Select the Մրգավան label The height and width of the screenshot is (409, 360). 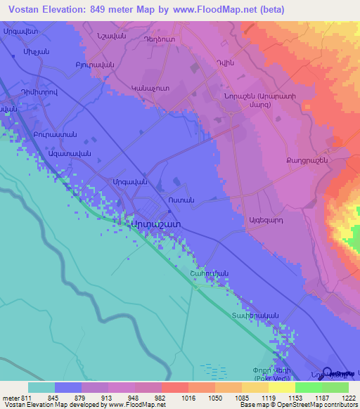(x=129, y=181)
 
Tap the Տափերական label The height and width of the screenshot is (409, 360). (x=257, y=316)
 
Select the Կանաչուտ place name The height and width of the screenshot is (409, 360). (x=148, y=89)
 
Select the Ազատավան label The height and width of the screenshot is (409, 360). (x=69, y=152)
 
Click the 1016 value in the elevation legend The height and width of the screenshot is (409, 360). (x=188, y=397)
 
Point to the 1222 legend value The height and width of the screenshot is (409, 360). (x=348, y=397)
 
